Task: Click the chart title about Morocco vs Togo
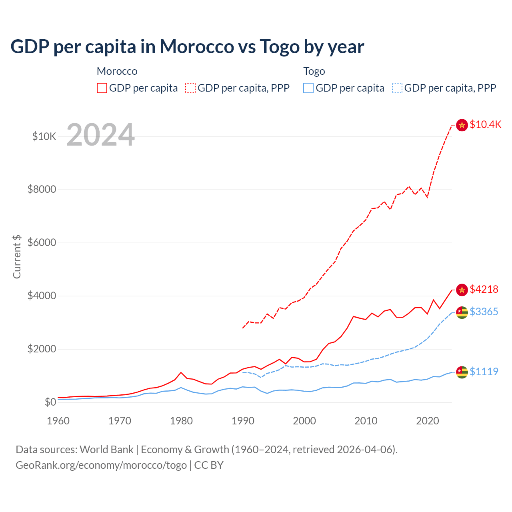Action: point(187,46)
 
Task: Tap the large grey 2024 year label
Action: point(100,135)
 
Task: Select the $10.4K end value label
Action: point(485,124)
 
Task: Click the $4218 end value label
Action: point(484,289)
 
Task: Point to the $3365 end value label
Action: point(484,312)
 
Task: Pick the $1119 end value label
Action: point(484,372)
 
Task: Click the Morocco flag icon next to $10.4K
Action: point(462,125)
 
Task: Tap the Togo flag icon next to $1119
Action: point(462,372)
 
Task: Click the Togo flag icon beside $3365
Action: point(462,312)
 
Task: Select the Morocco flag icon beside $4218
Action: point(462,290)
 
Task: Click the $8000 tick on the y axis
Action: point(42,189)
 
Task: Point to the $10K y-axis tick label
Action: point(44,136)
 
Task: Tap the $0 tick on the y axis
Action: point(50,402)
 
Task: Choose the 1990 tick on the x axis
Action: point(243,421)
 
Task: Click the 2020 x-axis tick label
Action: point(428,421)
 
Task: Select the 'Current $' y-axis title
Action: point(17,256)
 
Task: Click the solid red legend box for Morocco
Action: point(102,88)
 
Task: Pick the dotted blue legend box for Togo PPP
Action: point(397,88)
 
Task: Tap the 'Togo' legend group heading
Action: point(314,71)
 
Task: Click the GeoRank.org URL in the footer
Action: point(101,465)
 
